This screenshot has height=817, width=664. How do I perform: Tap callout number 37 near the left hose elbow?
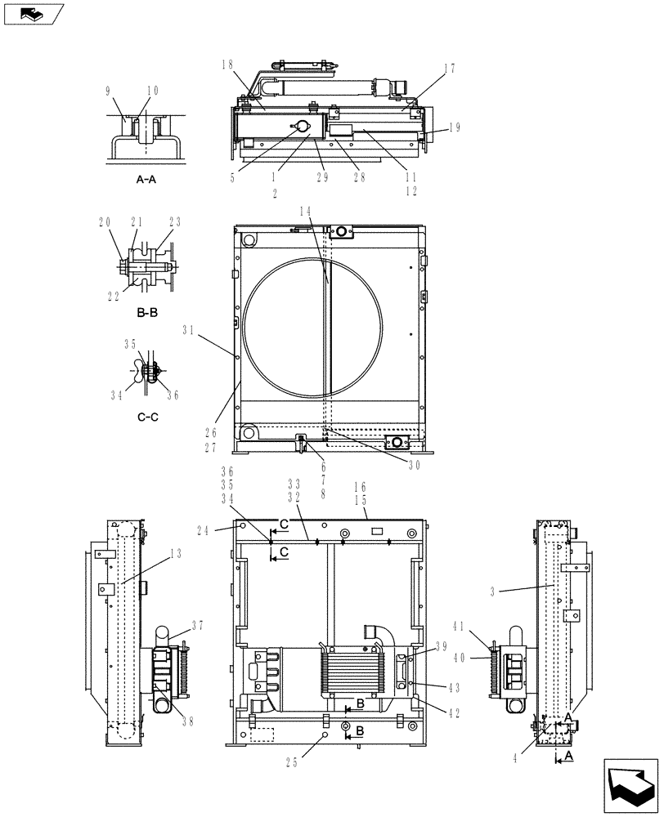[197, 625]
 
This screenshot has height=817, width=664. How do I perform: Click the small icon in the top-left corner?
[32, 13]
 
